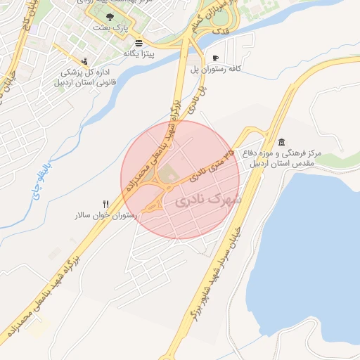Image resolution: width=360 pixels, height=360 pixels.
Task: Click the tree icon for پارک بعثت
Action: [108, 16]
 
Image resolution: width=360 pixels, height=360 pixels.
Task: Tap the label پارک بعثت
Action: [108, 28]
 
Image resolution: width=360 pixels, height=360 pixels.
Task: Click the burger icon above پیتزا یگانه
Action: [138, 41]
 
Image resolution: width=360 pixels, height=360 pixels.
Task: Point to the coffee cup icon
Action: [215, 58]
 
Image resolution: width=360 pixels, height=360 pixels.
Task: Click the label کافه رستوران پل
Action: [216, 69]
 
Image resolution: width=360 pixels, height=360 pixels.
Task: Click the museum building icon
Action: [281, 143]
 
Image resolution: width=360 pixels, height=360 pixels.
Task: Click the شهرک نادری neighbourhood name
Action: [208, 201]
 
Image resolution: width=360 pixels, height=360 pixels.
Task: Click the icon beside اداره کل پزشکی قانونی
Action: [84, 61]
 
